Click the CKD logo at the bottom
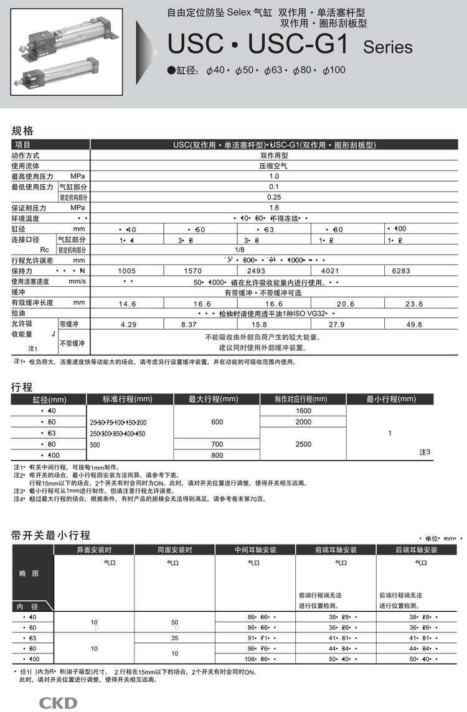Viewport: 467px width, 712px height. (x=59, y=703)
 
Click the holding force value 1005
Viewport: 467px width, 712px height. (x=127, y=271)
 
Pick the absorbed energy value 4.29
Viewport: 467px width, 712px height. (x=128, y=324)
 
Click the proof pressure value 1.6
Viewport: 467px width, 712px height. (x=274, y=208)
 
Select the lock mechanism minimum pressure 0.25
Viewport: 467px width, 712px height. (x=274, y=197)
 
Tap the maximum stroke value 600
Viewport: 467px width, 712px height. (x=217, y=422)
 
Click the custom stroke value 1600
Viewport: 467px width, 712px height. (x=303, y=411)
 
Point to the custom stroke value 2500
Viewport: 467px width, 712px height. (x=303, y=444)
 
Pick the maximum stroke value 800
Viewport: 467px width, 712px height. (x=217, y=456)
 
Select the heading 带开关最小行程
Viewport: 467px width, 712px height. (x=51, y=535)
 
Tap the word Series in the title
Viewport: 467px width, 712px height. (x=388, y=47)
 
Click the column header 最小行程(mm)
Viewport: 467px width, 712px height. (x=390, y=399)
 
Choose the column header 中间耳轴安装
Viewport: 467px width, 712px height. (x=255, y=550)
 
